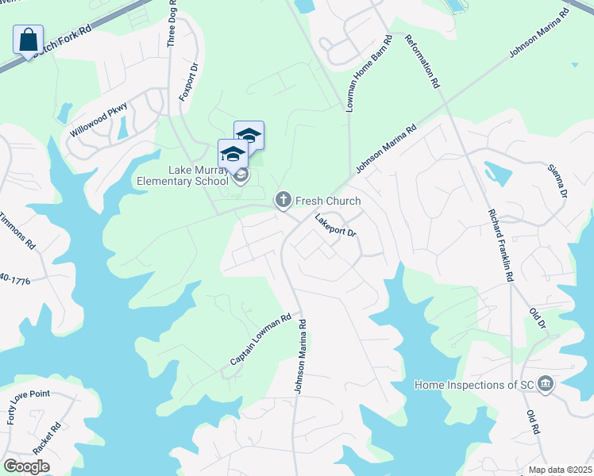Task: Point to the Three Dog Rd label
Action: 172,24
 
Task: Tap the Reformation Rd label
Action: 422,60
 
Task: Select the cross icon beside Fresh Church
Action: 283,201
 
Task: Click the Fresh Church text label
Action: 328,202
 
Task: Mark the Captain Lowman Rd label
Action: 260,341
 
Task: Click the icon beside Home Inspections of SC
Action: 546,385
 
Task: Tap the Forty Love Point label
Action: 29,407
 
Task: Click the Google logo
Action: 26,466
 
